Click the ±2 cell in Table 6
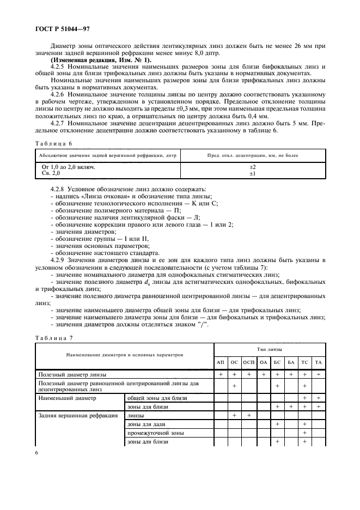(x=252, y=167)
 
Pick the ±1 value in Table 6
(x=252, y=173)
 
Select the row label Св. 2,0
(x=52, y=173)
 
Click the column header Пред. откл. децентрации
(x=252, y=155)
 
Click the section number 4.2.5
(x=59, y=66)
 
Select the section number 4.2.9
(x=59, y=260)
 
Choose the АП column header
(x=221, y=362)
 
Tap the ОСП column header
(x=248, y=362)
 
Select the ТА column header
(x=319, y=362)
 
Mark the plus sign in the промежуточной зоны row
(x=304, y=433)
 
